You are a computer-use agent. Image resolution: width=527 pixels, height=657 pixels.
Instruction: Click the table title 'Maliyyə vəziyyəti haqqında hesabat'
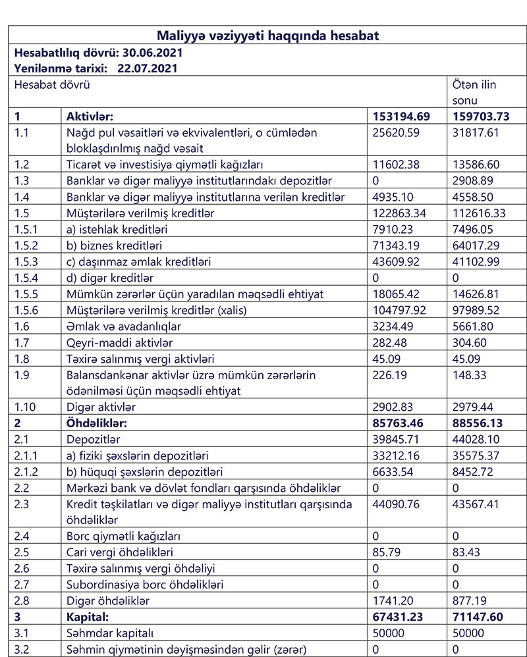coord(267,36)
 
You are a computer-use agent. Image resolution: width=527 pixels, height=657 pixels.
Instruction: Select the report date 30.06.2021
coord(150,52)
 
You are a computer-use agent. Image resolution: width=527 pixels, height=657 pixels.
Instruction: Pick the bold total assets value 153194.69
coord(401,117)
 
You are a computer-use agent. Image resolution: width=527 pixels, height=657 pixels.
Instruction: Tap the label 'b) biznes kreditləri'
coord(114,246)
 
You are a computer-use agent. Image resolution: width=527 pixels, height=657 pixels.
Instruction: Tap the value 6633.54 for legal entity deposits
coord(393,471)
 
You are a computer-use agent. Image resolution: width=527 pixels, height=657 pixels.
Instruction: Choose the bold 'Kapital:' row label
coord(88,617)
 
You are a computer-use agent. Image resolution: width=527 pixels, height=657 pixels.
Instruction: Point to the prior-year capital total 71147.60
coord(480,617)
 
